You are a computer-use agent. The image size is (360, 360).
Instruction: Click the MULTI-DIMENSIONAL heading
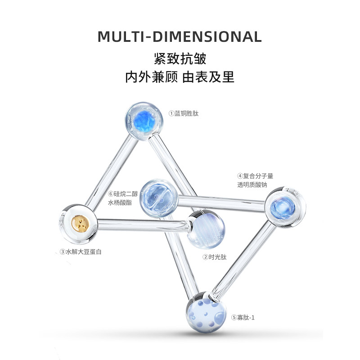[x=180, y=36]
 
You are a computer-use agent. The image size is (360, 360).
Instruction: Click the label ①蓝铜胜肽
[x=183, y=113]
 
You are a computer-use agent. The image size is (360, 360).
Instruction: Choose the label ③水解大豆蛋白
[x=81, y=252]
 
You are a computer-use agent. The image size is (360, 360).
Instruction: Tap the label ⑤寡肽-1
[x=243, y=317]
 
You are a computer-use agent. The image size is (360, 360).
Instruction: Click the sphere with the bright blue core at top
[x=143, y=120]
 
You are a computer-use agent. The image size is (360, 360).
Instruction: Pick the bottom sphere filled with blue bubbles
[x=206, y=311]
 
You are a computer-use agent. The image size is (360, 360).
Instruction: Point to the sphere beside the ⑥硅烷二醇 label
[x=157, y=198]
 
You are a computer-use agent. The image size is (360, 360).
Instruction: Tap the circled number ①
[x=171, y=113]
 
